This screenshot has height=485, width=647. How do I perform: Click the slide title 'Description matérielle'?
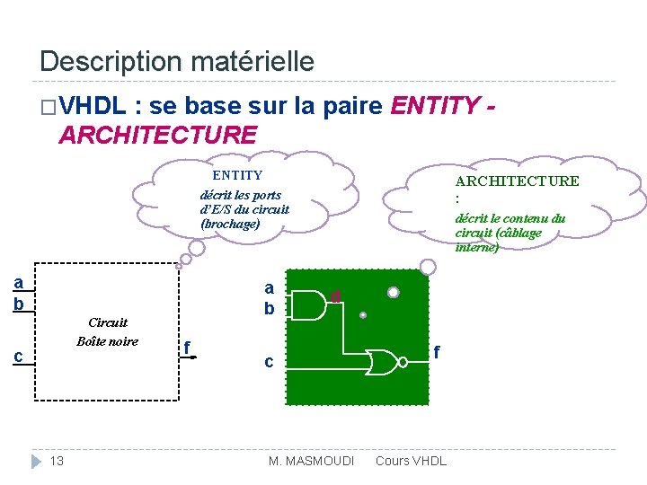point(177,61)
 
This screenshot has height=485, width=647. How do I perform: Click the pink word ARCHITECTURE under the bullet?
point(157,135)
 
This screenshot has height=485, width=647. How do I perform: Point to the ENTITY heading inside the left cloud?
point(236,176)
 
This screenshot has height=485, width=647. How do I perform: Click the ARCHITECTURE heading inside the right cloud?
point(517,181)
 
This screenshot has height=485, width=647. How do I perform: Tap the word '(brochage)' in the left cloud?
point(230,224)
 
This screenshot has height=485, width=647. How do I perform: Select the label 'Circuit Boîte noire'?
point(108,331)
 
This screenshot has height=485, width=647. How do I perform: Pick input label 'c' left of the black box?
point(18,357)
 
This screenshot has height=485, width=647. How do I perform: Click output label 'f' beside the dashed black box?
point(187,347)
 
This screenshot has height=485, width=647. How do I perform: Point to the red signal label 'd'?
point(334,295)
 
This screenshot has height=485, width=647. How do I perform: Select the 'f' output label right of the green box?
point(438,352)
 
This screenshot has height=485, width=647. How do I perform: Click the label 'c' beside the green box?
point(268,362)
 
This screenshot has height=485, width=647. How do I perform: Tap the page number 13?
point(57,461)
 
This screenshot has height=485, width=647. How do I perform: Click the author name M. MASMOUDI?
point(311,461)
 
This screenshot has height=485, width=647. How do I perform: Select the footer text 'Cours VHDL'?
point(410,461)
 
